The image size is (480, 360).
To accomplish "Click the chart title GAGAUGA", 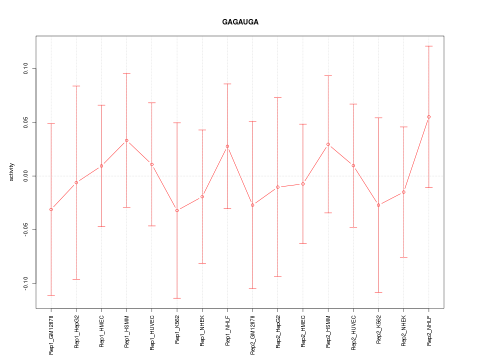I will click(x=240, y=22).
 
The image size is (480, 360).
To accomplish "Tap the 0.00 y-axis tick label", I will click(x=25, y=176).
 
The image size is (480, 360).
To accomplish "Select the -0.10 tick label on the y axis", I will click(x=25, y=283).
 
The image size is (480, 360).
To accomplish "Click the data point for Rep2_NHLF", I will click(x=429, y=117).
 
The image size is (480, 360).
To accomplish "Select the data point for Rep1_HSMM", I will click(x=126, y=140).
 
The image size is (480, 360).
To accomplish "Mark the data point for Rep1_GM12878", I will click(x=51, y=209).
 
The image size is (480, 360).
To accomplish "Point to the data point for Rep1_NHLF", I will click(x=227, y=146).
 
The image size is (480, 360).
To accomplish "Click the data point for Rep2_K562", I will click(x=378, y=205).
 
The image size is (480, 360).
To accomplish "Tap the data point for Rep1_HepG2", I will click(x=76, y=182).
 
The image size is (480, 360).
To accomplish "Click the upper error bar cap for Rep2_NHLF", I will click(x=429, y=46).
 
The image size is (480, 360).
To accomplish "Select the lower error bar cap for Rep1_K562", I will click(x=177, y=298).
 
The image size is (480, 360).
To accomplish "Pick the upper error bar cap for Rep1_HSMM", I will click(x=126, y=73).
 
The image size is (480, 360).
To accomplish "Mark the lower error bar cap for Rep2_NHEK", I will click(x=403, y=257).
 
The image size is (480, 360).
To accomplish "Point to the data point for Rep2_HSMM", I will click(x=328, y=144).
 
